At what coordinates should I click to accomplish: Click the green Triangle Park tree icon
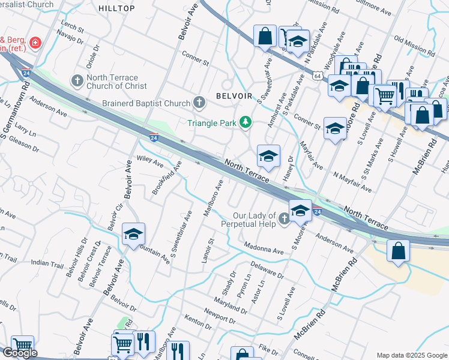pos(245,122)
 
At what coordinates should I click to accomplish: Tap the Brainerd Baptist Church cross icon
pos(199,103)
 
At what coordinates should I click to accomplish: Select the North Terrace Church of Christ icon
pos(77,80)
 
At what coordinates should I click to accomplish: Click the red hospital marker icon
pos(35,43)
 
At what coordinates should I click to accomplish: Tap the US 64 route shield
pos(316,74)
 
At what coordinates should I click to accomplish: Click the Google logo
pos(19,353)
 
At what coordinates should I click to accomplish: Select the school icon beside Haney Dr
pos(268,156)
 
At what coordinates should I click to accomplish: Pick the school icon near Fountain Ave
pos(133,234)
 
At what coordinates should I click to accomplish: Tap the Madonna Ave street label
pos(263,248)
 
